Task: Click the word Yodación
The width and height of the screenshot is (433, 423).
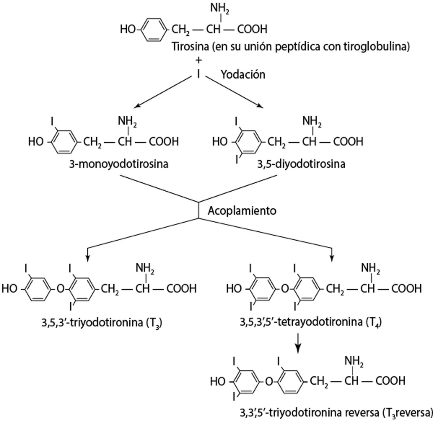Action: point(243,74)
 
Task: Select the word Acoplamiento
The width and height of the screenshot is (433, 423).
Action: point(242,210)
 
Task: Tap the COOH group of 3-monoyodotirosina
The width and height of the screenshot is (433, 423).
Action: point(164,141)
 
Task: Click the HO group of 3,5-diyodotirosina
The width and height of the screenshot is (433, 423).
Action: point(220,141)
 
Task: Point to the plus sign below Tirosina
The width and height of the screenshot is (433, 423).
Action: point(198,59)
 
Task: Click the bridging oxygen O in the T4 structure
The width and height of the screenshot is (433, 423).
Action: point(285,288)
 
